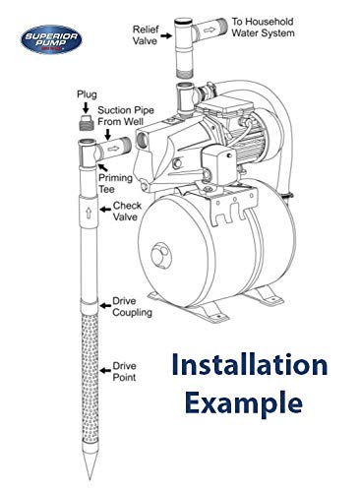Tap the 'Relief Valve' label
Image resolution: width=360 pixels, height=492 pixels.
(147, 36)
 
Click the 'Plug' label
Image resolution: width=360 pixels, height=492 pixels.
(87, 92)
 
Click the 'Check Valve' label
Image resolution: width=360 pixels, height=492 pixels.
(126, 213)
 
